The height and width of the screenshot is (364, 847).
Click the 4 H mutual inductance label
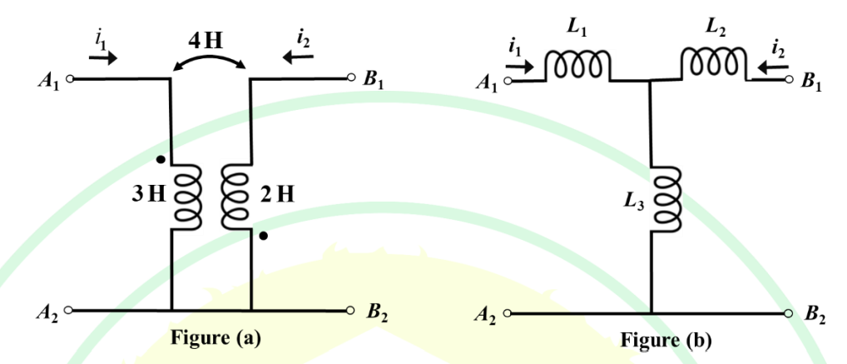tap(205, 42)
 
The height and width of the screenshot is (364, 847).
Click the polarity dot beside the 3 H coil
tap(161, 160)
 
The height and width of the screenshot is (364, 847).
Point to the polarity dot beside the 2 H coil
tap(263, 236)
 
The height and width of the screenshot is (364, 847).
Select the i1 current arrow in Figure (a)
tap(102, 57)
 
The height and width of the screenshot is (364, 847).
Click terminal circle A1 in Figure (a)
tap(69, 79)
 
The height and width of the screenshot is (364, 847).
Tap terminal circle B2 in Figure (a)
tap(350, 311)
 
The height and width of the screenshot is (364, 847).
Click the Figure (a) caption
tap(215, 338)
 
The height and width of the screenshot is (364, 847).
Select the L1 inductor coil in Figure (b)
tap(578, 66)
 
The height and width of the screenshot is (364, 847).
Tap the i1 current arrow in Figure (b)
tap(520, 67)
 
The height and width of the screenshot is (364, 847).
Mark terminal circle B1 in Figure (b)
tap(790, 80)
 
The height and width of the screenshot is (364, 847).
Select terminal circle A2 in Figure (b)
tap(507, 313)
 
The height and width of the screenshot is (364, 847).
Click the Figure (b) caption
tap(666, 340)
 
